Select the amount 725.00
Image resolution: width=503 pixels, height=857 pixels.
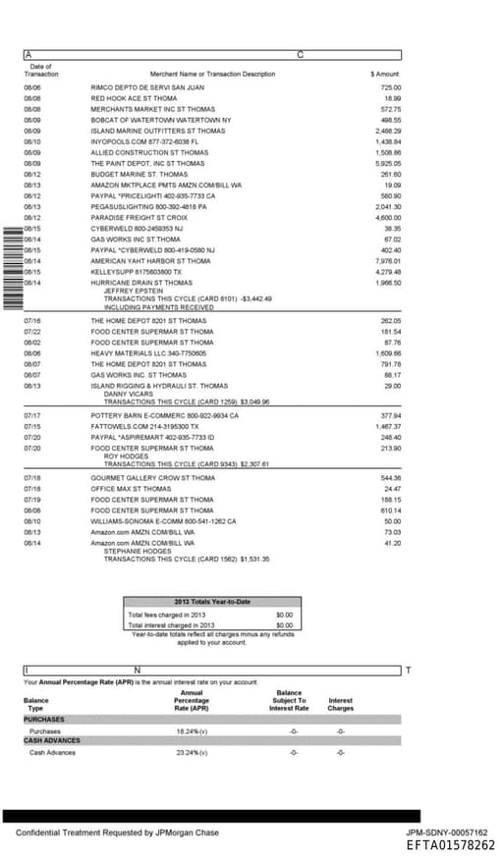(391, 87)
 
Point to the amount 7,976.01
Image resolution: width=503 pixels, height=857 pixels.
(388, 261)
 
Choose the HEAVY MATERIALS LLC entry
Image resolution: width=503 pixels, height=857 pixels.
(143, 352)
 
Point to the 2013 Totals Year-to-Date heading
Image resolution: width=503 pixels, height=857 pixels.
(212, 601)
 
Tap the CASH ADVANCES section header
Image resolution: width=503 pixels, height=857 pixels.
(52, 741)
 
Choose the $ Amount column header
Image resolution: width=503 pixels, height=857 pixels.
(385, 74)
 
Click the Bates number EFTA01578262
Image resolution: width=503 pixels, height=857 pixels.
(451, 845)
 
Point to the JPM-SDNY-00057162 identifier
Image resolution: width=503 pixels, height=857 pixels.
(447, 832)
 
